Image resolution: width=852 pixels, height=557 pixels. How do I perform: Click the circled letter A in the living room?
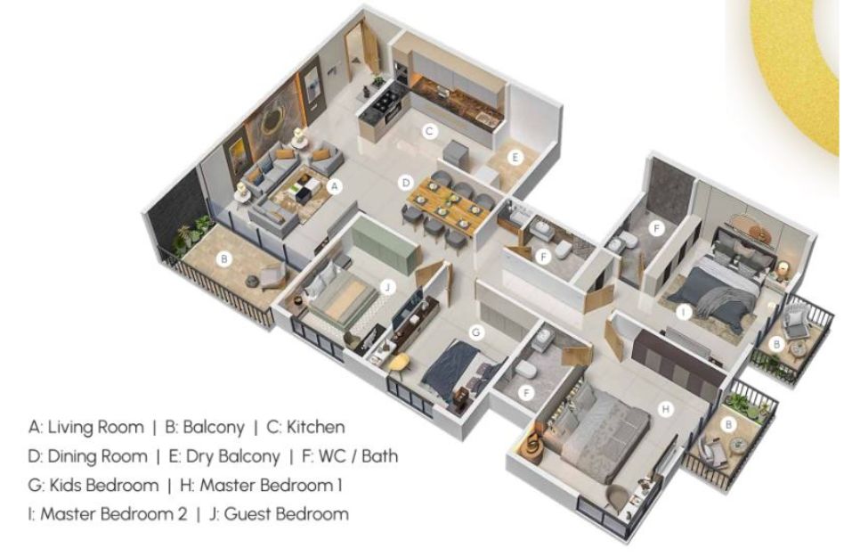point(336,186)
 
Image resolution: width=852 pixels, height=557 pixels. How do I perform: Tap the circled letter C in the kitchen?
point(430,131)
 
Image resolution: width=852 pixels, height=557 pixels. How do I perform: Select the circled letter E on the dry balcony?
point(515,158)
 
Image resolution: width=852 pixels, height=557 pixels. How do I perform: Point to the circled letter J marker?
point(387,287)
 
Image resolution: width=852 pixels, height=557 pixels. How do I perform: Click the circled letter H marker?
point(666,409)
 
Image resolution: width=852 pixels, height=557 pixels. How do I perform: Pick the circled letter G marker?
point(476,332)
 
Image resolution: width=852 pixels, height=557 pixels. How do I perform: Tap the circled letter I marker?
point(684,312)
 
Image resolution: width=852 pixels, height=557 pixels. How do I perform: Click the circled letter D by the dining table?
point(405,183)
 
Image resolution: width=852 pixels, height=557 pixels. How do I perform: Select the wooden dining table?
point(448,207)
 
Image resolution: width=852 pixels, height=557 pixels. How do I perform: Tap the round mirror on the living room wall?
point(272,122)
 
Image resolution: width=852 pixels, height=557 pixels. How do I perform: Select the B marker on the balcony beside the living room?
point(223,259)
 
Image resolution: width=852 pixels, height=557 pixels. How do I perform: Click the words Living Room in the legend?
point(95,428)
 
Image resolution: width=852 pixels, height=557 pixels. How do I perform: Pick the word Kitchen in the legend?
point(315,427)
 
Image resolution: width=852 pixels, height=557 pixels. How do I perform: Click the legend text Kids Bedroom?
point(104,485)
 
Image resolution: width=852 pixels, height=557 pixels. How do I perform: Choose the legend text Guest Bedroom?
point(286,514)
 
